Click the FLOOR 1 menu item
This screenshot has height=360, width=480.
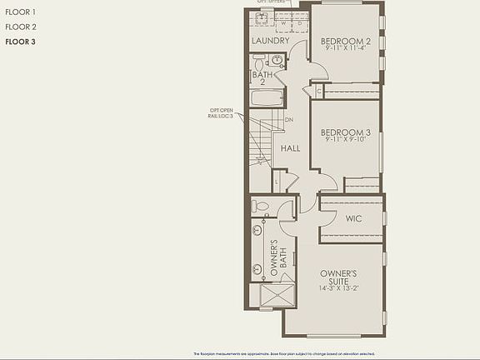20,12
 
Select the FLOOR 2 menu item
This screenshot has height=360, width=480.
20,27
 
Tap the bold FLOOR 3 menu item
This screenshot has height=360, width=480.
20,41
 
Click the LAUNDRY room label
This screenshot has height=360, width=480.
270,41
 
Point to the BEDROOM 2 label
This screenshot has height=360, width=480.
345,41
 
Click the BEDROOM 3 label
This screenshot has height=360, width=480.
345,132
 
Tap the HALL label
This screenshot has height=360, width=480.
291,148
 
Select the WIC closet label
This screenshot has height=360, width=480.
352,218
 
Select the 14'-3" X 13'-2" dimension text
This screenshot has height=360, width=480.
338,288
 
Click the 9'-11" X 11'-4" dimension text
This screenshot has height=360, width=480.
345,48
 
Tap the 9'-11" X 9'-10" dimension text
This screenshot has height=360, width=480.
345,140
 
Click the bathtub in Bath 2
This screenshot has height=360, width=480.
267,100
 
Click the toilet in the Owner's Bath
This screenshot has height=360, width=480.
261,206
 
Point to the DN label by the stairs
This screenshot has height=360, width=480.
289,120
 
